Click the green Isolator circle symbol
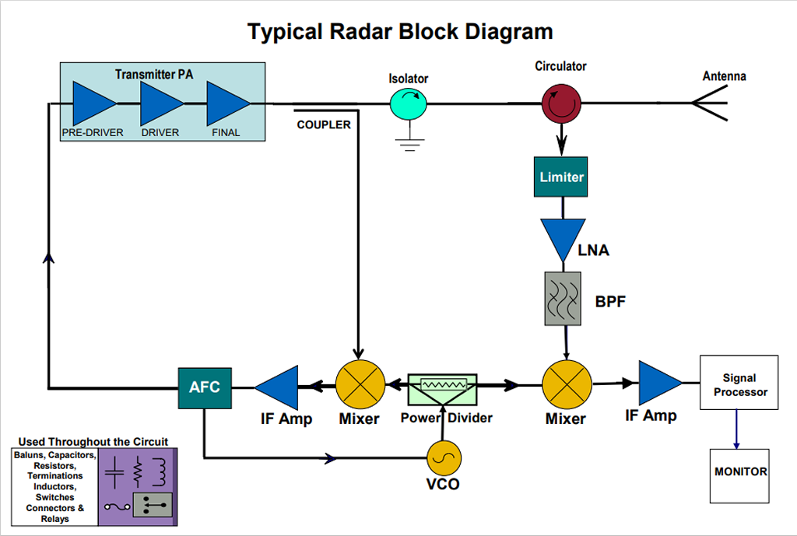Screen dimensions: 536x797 tap(408, 102)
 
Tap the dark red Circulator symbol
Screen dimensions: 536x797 tap(561, 102)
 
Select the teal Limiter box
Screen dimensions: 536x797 tap(561, 177)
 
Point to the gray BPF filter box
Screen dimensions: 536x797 tap(563, 298)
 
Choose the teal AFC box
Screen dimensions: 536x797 tap(205, 387)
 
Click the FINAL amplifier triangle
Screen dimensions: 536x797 tap(226, 104)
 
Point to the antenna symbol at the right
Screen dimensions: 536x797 tap(710, 103)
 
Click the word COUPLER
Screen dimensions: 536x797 tap(324, 124)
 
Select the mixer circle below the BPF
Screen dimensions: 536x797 tap(566, 384)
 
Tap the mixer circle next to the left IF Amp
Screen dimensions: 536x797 tap(360, 384)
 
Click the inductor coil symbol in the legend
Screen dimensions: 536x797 tap(160, 471)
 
